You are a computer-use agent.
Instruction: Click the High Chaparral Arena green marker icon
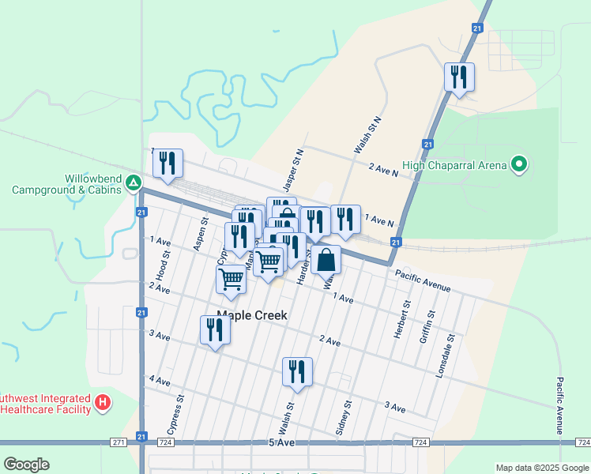519,164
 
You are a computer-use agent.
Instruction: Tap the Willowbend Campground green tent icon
134,184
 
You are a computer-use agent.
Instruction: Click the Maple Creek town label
252,315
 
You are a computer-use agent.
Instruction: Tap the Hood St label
163,265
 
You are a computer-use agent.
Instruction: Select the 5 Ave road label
281,443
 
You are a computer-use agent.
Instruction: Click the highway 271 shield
118,442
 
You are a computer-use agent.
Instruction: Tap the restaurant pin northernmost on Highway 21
459,77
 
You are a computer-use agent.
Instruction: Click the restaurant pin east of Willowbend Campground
168,164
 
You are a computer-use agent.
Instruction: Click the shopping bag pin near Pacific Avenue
326,258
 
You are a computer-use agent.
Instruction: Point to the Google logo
26,465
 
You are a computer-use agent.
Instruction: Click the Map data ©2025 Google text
541,468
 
